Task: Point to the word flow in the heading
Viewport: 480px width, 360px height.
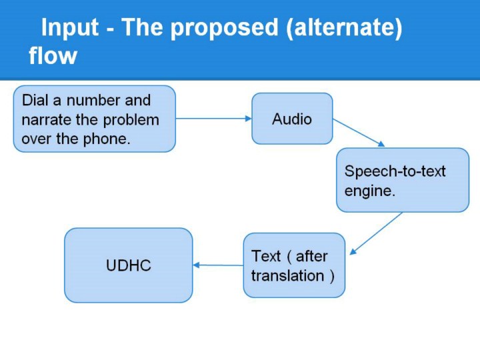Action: (x=53, y=56)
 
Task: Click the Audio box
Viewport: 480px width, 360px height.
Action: (x=292, y=119)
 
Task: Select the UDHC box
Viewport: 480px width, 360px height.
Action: (x=129, y=265)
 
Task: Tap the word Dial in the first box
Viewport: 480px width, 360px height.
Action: (x=35, y=101)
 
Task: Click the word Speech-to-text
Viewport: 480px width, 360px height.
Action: (x=395, y=171)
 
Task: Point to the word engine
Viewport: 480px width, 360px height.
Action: (x=369, y=191)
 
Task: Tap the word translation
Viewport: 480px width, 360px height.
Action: (x=289, y=275)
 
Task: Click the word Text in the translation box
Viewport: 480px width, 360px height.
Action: (x=265, y=256)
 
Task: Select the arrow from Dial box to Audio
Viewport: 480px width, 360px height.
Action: (x=213, y=119)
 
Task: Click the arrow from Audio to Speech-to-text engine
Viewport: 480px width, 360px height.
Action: (x=359, y=133)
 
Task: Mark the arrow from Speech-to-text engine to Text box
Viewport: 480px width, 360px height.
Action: (x=376, y=233)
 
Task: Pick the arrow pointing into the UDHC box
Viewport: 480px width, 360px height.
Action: (x=218, y=265)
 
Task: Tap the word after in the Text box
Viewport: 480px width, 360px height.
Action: (x=311, y=256)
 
